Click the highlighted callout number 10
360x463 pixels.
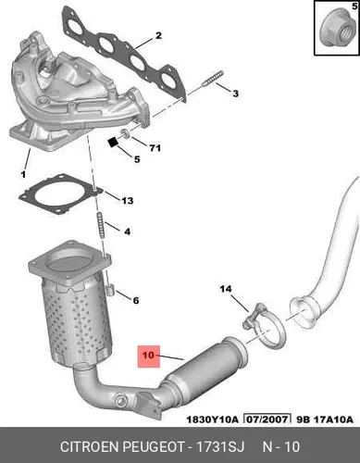pos(148,356)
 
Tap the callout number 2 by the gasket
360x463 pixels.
pos(158,35)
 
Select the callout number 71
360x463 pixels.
pos(155,148)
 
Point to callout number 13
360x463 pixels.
pos(127,201)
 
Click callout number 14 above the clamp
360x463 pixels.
pos(226,289)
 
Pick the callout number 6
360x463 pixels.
pos(136,300)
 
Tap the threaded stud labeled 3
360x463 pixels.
pos(212,78)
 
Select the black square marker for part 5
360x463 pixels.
pos(114,143)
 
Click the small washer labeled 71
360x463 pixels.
pos(125,133)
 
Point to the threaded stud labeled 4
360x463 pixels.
pos(101,225)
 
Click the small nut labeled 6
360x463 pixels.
pos(110,291)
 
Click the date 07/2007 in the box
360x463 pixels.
pos(267,419)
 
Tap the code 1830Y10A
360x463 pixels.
pos(212,419)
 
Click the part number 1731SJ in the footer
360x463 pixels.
pos(220,446)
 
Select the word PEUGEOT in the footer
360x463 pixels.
pos(154,446)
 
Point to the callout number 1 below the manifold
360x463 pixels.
pos(23,175)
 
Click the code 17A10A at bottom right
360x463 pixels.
pos(333,419)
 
